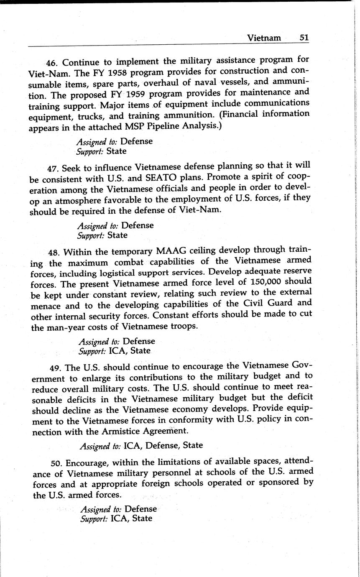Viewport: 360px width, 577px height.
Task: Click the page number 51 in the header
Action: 304,38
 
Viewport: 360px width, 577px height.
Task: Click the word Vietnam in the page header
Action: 264,38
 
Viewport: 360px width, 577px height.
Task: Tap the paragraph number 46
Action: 51,63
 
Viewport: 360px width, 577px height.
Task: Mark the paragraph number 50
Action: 56,463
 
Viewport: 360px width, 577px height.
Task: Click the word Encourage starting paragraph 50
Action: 85,463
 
